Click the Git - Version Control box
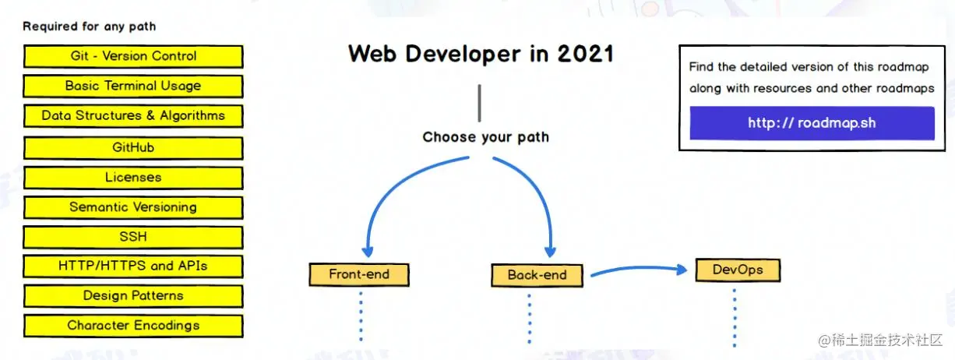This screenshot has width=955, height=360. [x=133, y=56]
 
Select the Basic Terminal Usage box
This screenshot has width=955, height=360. [x=133, y=86]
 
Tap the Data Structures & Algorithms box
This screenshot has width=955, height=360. [x=133, y=116]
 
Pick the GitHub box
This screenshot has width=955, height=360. [x=133, y=147]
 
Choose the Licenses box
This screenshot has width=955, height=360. [x=133, y=178]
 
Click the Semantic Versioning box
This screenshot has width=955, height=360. [x=133, y=207]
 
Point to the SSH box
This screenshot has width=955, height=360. [x=133, y=237]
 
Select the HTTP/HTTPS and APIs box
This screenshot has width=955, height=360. [x=133, y=266]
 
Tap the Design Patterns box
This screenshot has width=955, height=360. [x=133, y=296]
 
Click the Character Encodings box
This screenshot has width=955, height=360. [x=133, y=326]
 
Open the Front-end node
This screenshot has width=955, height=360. [x=359, y=275]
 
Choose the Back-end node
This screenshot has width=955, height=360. [x=537, y=275]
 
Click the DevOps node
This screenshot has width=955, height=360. [x=738, y=270]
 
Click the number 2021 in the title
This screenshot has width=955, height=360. [x=586, y=55]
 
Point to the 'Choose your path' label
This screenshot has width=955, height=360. [x=485, y=137]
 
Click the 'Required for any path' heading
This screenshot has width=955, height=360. [x=90, y=26]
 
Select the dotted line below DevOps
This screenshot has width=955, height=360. [x=735, y=318]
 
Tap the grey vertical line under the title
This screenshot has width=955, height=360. [x=480, y=103]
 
